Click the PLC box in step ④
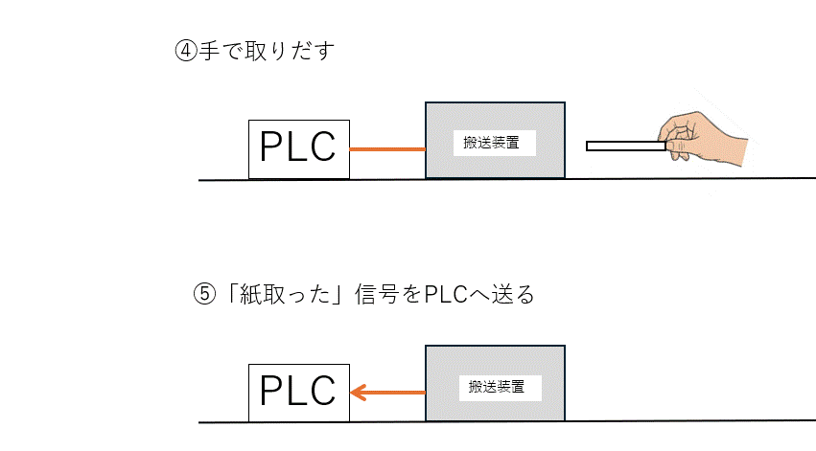(x=298, y=148)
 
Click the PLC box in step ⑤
(x=298, y=392)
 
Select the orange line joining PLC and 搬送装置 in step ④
(x=387, y=149)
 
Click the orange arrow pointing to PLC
(x=387, y=392)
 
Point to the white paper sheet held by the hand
(x=623, y=147)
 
